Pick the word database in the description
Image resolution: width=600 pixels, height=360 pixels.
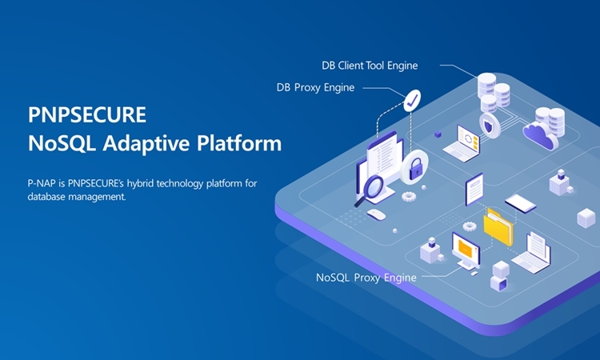[x=48, y=196]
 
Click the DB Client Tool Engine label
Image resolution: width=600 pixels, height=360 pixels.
[x=370, y=65]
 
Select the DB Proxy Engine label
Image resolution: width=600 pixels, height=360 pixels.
[x=315, y=87]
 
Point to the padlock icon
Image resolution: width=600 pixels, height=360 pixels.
[x=415, y=169]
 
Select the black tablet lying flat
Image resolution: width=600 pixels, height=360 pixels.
[x=521, y=202]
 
